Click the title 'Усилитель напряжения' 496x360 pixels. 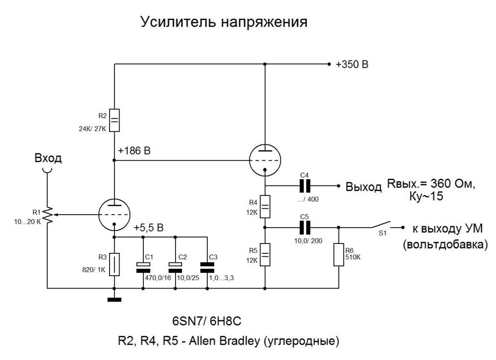point(224,22)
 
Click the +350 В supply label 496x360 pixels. point(352,64)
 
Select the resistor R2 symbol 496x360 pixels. point(114,120)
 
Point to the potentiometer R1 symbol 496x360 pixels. point(48,215)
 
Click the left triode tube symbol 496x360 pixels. point(114,215)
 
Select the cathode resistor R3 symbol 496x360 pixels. point(114,264)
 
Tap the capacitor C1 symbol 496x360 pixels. point(143,266)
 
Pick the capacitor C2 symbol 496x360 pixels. point(175,266)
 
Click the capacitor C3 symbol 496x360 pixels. point(207,266)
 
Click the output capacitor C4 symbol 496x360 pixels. point(304,186)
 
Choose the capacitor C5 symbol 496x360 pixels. point(304,227)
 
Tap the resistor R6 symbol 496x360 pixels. point(339,254)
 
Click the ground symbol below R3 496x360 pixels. point(114,299)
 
